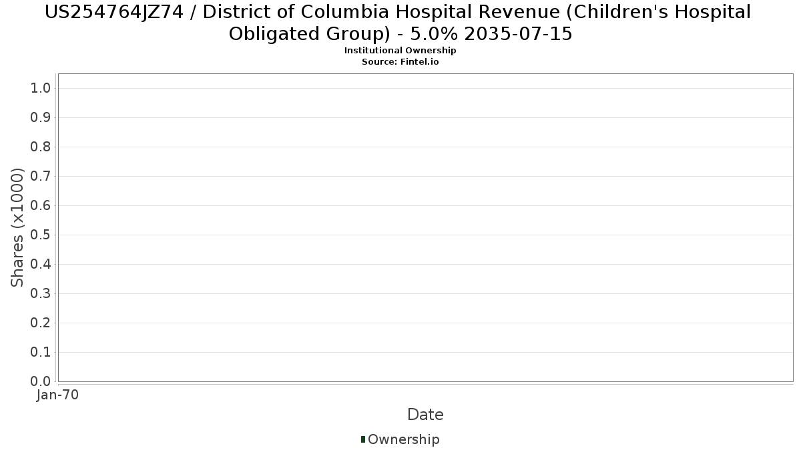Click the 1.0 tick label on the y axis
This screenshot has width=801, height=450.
coord(41,88)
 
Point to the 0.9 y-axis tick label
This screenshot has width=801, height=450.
coord(41,117)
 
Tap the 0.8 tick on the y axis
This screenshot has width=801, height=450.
coord(41,147)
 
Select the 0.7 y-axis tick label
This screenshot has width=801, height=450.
coord(41,176)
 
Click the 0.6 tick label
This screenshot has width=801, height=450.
coord(41,205)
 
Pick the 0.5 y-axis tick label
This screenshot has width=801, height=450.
coord(41,235)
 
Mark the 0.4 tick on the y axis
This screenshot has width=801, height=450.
coord(41,264)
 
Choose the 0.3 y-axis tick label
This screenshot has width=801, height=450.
coord(41,293)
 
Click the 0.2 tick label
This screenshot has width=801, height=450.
coord(41,323)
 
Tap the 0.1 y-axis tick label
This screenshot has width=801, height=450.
coord(41,352)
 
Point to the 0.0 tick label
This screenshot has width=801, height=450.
coord(41,381)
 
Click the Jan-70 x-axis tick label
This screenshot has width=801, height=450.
coord(57,395)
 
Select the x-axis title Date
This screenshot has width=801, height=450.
coord(426,415)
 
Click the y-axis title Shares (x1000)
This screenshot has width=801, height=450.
coord(17,227)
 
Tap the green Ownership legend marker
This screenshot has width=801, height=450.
coord(363,439)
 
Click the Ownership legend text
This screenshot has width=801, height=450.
coord(404,439)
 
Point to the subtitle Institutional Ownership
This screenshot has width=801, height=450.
coord(400,51)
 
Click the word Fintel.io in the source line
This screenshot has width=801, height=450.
coord(419,62)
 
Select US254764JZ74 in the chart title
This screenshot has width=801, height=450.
coord(113,13)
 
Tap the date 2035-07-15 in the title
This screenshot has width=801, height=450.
coord(518,34)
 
